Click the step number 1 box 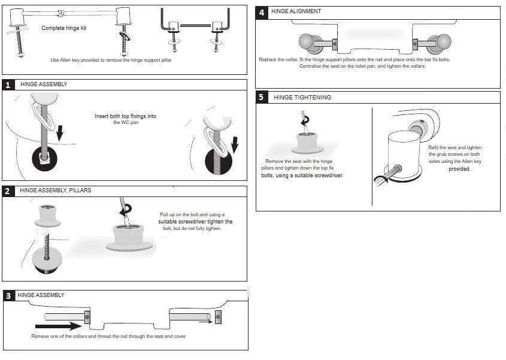pos(8,84)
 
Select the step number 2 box pos(8,191)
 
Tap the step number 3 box pos(8,296)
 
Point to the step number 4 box pos(262,12)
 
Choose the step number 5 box pos(262,97)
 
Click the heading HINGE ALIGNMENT pos(296,11)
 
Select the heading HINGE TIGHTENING pos(302,97)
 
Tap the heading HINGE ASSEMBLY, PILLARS pos(55,190)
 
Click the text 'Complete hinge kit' pos(64,28)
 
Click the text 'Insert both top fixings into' pos(125,116)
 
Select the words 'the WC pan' pos(125,123)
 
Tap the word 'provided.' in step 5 pos(459,169)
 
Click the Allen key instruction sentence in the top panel pos(111,60)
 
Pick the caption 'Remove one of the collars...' pos(108,337)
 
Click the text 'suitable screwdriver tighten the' pos(195,222)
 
